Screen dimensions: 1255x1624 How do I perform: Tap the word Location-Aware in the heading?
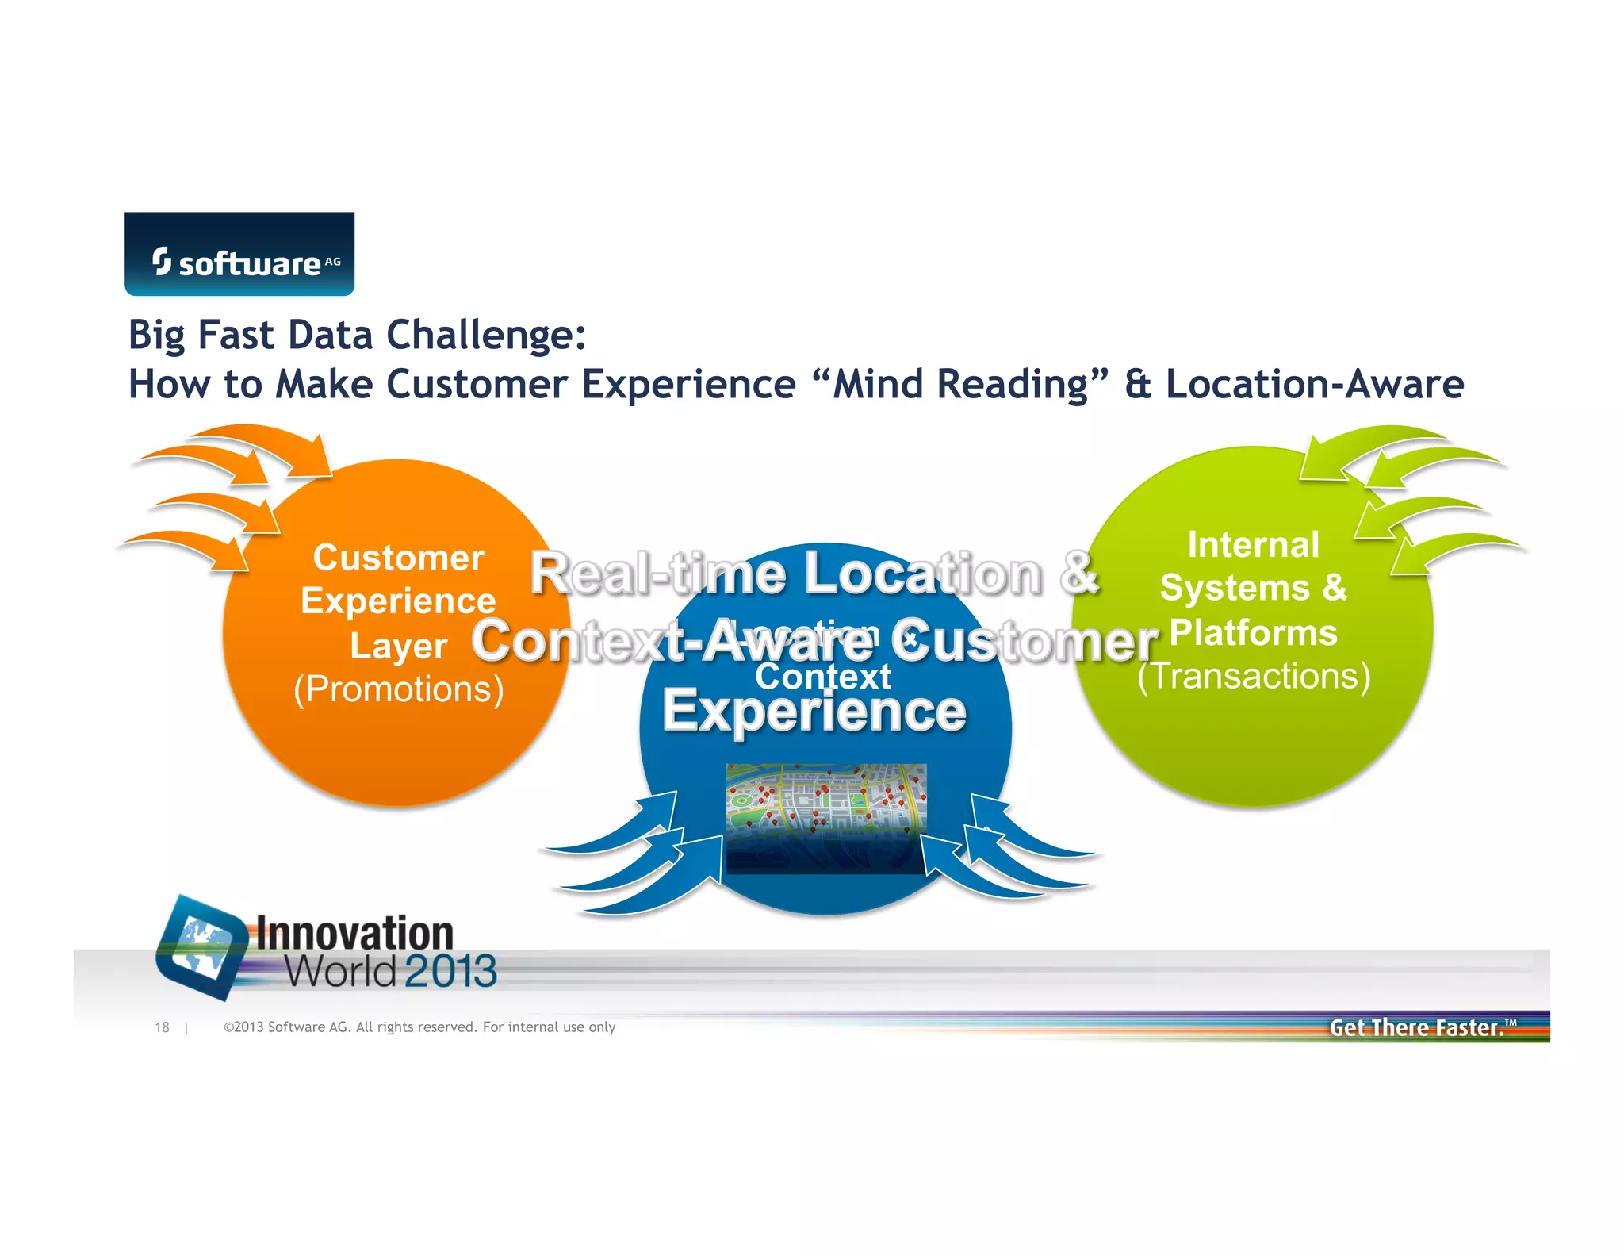click(x=1314, y=385)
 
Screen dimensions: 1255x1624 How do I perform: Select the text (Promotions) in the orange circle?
click(x=398, y=689)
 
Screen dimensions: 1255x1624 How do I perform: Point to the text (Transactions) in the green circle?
click(x=1254, y=676)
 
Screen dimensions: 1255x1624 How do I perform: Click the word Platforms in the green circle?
click(x=1253, y=632)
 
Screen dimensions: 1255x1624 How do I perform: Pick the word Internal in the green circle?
click(x=1253, y=545)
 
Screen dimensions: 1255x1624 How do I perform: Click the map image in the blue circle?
click(x=825, y=817)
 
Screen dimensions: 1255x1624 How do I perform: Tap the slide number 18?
click(x=162, y=1027)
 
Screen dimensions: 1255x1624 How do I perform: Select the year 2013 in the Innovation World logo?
click(x=450, y=971)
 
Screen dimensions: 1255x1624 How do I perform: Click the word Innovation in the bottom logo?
click(x=354, y=934)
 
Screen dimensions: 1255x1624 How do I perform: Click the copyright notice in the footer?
click(x=419, y=1027)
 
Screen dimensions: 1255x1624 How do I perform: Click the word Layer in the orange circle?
click(x=398, y=646)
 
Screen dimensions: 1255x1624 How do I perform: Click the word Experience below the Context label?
click(x=814, y=711)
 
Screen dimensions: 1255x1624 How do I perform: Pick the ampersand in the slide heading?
click(x=1137, y=385)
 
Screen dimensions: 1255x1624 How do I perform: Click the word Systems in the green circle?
click(x=1234, y=589)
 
